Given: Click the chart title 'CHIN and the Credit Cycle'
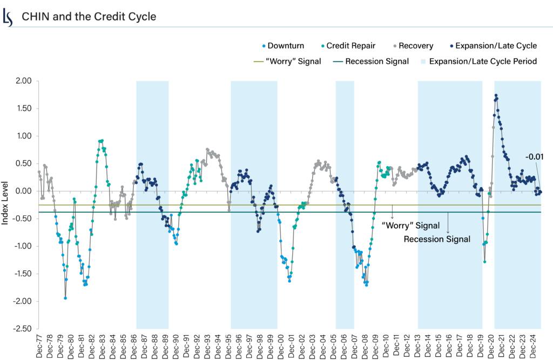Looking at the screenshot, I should (89, 17).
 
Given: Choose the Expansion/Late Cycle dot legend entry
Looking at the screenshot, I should (493, 46).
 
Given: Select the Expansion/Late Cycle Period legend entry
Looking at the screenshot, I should (478, 61).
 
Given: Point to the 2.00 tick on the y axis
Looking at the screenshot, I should (24, 81).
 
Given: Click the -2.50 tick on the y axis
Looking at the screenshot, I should (23, 329).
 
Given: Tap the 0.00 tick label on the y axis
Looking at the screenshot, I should (24, 191).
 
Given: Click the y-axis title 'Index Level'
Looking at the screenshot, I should (6, 205).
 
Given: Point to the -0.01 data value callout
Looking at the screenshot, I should (534, 157).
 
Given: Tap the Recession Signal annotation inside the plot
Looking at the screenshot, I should (437, 239).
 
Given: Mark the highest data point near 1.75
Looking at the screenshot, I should (496, 96).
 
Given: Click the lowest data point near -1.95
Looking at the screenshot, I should (65, 298).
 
